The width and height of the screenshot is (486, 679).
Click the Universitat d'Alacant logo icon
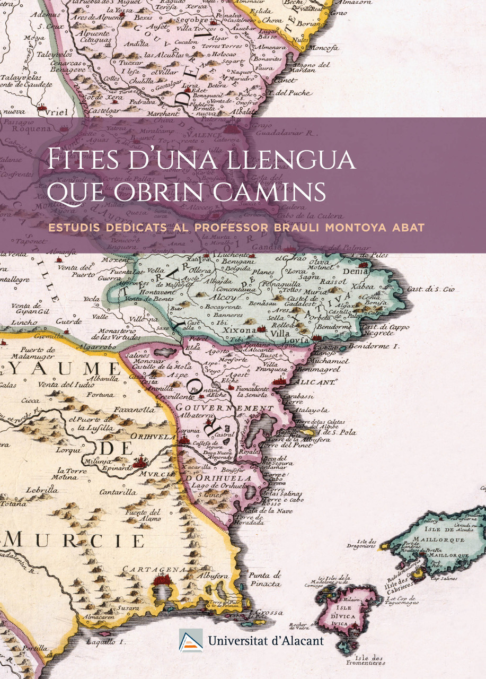[191, 640]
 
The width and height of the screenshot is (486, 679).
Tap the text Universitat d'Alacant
[266, 641]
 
